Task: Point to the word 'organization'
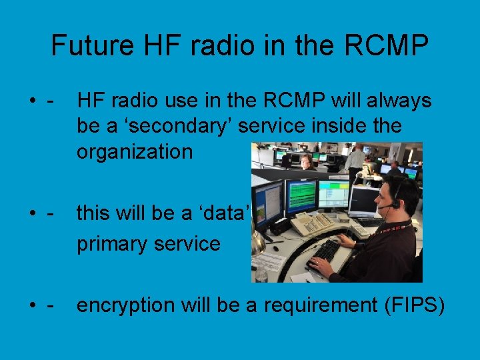(x=134, y=151)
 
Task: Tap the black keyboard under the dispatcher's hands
(x=325, y=252)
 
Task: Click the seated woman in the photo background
(x=307, y=161)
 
